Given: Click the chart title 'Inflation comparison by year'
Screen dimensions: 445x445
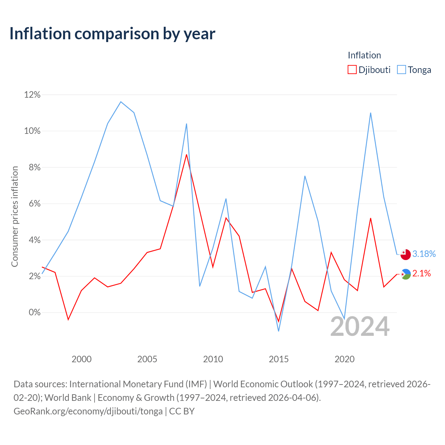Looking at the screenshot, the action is point(112,34).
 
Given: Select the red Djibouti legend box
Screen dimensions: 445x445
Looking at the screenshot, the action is point(352,70).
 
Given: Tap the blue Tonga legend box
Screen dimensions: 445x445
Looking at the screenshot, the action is point(401,70).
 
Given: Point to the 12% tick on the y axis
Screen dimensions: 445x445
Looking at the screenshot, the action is point(32,95).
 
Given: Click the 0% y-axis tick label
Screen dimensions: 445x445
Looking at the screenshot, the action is point(34,313).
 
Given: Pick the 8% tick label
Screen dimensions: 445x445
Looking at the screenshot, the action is point(34,167).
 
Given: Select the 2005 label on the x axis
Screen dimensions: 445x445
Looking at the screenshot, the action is point(147,359).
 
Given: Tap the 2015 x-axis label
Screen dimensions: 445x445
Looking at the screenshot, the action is point(279,359).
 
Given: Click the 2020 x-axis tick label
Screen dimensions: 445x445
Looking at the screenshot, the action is point(345,359).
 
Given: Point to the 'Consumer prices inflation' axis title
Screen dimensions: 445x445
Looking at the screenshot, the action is point(15,217).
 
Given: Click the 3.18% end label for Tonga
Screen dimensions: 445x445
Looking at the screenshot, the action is point(424,254).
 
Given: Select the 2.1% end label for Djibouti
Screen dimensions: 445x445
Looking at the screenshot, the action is point(421,273).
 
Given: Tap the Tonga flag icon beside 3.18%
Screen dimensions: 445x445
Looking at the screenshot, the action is point(405,254).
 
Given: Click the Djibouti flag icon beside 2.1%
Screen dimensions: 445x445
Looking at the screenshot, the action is point(406,274).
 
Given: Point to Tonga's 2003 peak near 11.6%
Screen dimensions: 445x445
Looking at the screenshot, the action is point(121,102).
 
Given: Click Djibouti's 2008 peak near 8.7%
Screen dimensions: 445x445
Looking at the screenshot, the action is point(186,154).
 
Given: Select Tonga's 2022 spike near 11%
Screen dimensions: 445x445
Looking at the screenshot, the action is point(371,113).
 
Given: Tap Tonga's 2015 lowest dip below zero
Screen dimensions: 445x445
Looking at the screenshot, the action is point(279,331).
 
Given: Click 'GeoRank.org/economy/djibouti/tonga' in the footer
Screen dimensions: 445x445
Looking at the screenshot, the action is point(88,411).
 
